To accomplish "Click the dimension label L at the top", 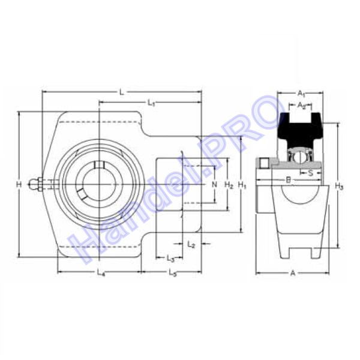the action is click(122, 92).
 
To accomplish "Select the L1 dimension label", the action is click(151, 103).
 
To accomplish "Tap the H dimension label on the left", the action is click(19, 184).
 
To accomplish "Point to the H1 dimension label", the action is click(242, 185).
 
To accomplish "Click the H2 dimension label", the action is click(229, 185).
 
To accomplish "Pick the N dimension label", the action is click(214, 184).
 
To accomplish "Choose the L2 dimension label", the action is click(191, 244).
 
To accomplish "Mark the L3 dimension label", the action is click(170, 259).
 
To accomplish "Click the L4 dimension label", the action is click(101, 273).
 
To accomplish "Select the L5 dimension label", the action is click(173, 273).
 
